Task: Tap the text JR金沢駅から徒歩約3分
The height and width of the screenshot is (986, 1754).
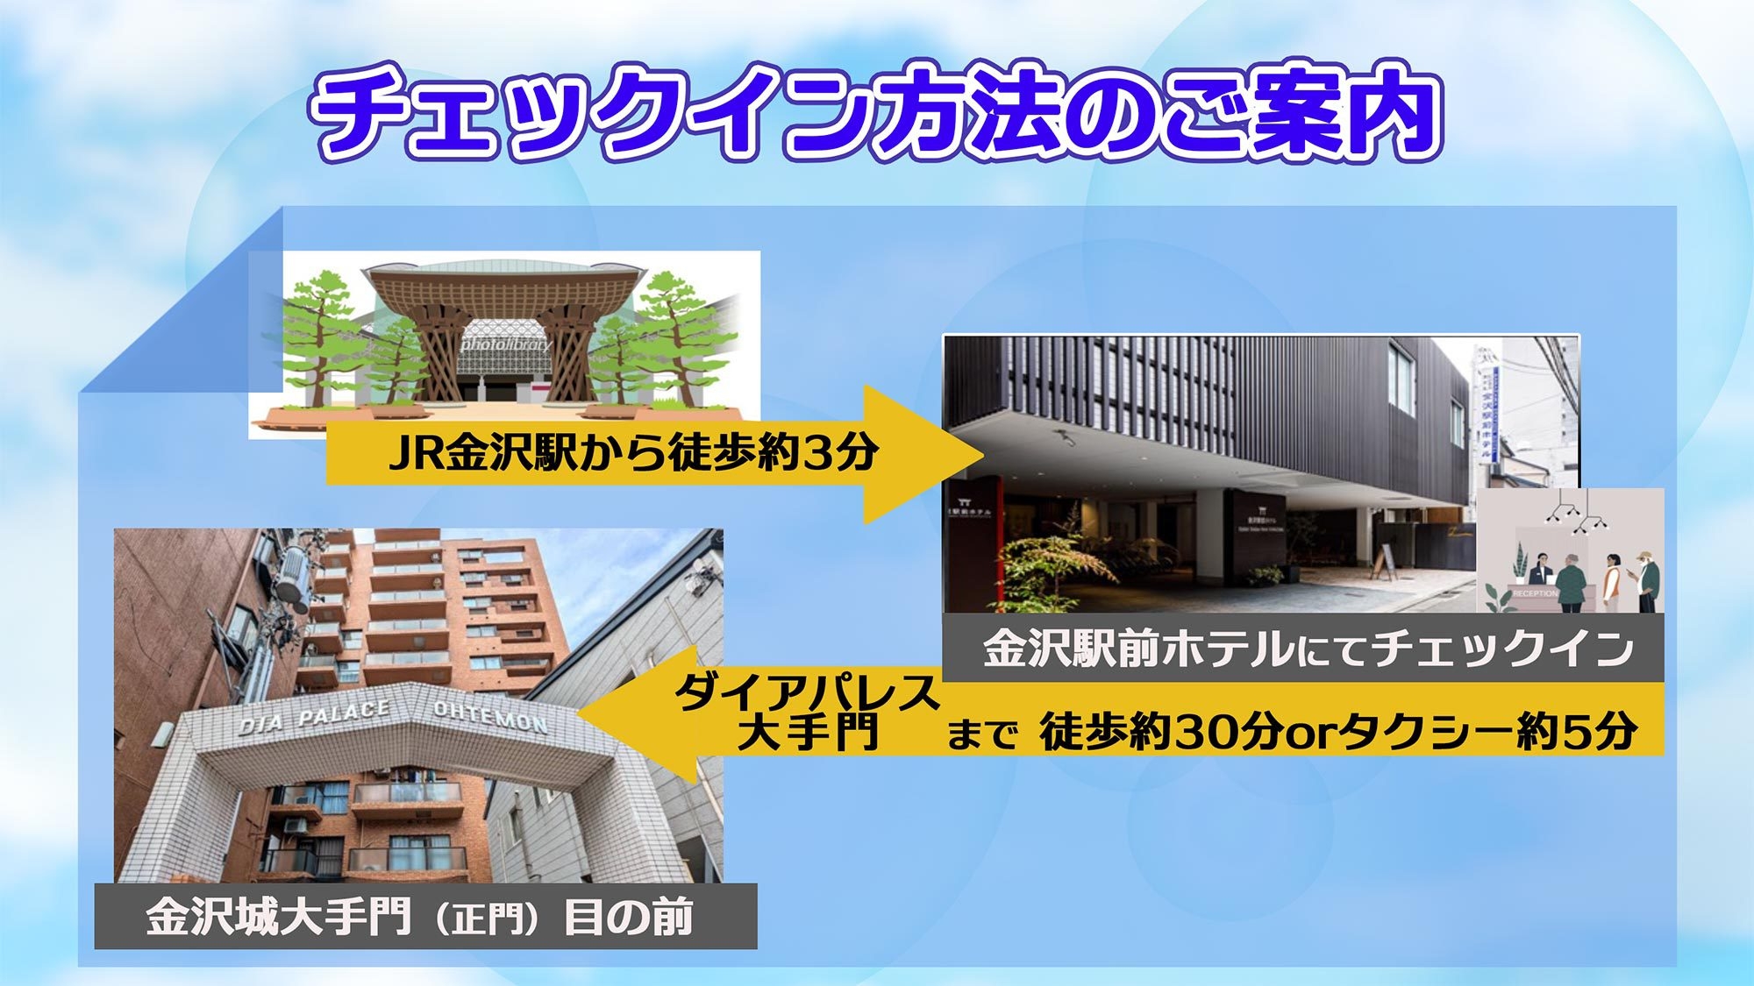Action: [x=633, y=453]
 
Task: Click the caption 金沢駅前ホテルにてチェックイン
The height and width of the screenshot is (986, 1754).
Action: [x=1307, y=649]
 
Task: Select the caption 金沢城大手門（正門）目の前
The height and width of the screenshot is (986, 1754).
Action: [x=420, y=917]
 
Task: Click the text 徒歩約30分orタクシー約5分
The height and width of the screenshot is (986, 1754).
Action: [x=1337, y=732]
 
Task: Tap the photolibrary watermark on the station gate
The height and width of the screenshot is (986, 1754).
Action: [x=507, y=344]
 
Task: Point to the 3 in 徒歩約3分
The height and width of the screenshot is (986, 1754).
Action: [x=816, y=453]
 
